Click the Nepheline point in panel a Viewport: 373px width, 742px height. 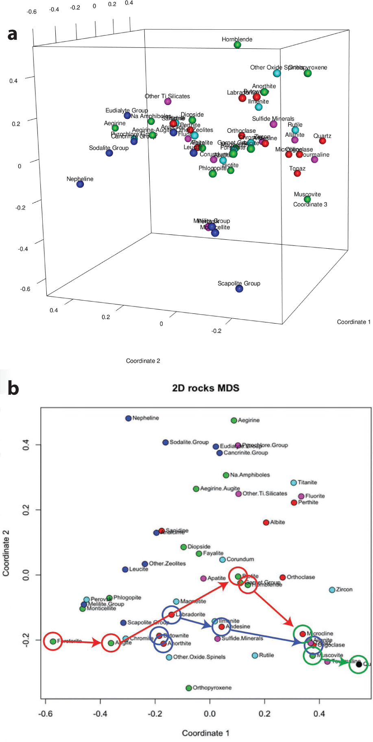[80, 184]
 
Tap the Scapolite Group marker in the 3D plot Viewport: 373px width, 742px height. [239, 289]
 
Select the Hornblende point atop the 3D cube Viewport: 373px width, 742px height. [238, 45]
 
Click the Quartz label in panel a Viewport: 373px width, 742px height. [322, 136]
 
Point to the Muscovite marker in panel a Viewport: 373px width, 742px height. [308, 199]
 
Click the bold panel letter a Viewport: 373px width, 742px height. [12, 34]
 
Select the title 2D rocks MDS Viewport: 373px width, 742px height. [205, 388]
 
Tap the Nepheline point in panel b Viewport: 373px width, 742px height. [129, 418]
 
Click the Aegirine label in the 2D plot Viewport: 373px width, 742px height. [249, 420]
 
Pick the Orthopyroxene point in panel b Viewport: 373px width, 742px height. [189, 688]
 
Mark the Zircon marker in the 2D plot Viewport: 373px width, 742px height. [332, 590]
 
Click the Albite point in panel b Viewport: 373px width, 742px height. [266, 522]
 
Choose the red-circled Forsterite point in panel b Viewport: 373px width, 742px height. [53, 641]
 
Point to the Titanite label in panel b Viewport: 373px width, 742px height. [307, 482]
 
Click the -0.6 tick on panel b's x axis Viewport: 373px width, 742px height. [45, 714]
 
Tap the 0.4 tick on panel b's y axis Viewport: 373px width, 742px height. [26, 445]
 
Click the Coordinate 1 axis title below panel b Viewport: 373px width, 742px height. [205, 733]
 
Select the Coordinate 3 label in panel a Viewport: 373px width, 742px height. [310, 204]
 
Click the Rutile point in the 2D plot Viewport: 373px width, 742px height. [255, 655]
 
